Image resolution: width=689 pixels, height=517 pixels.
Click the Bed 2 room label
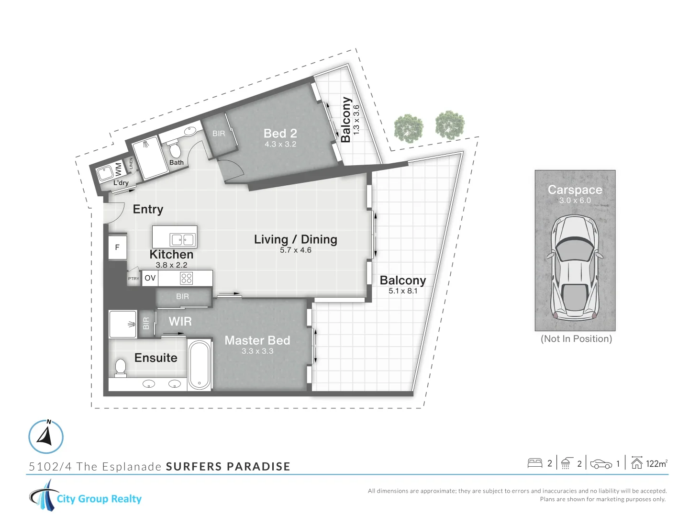pyautogui.click(x=280, y=134)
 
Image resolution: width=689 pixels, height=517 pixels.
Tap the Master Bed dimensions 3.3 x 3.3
pyautogui.click(x=257, y=351)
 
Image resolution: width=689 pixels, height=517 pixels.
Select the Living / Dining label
pyautogui.click(x=295, y=239)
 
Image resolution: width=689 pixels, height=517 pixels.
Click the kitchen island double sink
pyautogui.click(x=182, y=239)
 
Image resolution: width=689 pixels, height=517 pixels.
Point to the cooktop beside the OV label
pyautogui.click(x=186, y=278)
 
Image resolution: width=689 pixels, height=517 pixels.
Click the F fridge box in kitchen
pyautogui.click(x=117, y=247)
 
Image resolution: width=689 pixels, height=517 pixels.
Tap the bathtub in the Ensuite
pyautogui.click(x=199, y=365)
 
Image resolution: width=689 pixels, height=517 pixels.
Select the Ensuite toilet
pyautogui.click(x=121, y=368)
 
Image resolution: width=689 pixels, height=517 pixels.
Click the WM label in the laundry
pyautogui.click(x=118, y=169)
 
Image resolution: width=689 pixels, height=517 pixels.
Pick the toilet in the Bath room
pyautogui.click(x=175, y=150)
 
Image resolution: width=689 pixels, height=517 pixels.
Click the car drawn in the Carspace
pyautogui.click(x=575, y=268)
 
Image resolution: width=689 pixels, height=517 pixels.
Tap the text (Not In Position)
pyautogui.click(x=576, y=339)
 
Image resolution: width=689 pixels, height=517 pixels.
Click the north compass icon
pyautogui.click(x=46, y=437)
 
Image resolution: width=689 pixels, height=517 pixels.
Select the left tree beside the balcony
pyautogui.click(x=409, y=128)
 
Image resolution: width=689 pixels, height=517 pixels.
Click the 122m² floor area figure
pyautogui.click(x=656, y=463)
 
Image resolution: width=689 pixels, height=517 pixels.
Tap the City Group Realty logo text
pyautogui.click(x=99, y=499)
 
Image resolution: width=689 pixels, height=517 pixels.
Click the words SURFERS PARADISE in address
pyautogui.click(x=228, y=467)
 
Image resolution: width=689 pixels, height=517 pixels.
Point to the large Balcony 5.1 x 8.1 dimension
pyautogui.click(x=403, y=291)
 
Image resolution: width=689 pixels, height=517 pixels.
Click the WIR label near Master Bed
pyautogui.click(x=180, y=322)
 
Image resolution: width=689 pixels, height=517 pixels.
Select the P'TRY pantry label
pyautogui.click(x=133, y=279)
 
